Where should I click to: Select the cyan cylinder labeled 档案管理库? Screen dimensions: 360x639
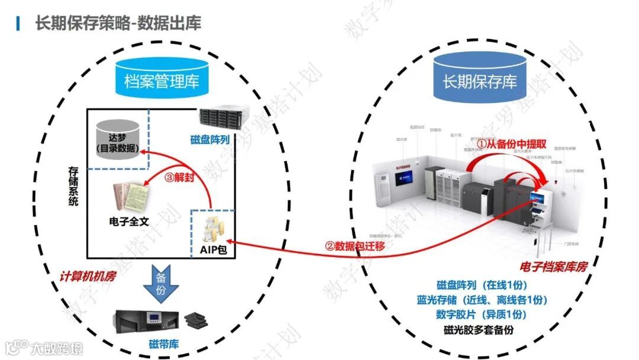pyautogui.click(x=162, y=79)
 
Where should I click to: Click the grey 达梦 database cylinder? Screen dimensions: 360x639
pyautogui.click(x=118, y=138)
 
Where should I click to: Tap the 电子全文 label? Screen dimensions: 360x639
pyautogui.click(x=130, y=222)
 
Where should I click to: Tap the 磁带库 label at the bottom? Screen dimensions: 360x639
pyautogui.click(x=163, y=344)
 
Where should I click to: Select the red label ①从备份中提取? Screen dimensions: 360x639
pyautogui.click(x=511, y=144)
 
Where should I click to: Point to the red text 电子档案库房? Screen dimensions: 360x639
pyautogui.click(x=553, y=267)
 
